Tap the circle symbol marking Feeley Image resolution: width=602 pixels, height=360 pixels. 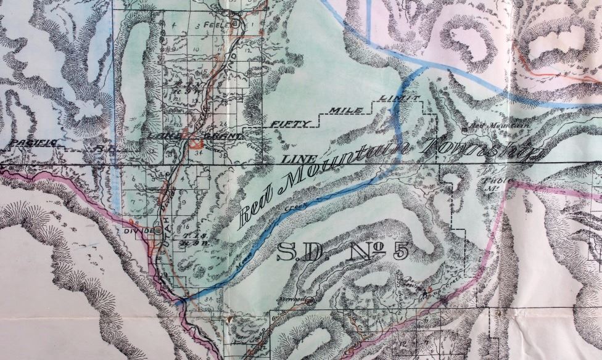(x=234, y=24)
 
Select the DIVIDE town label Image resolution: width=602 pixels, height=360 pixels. (x=141, y=231)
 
